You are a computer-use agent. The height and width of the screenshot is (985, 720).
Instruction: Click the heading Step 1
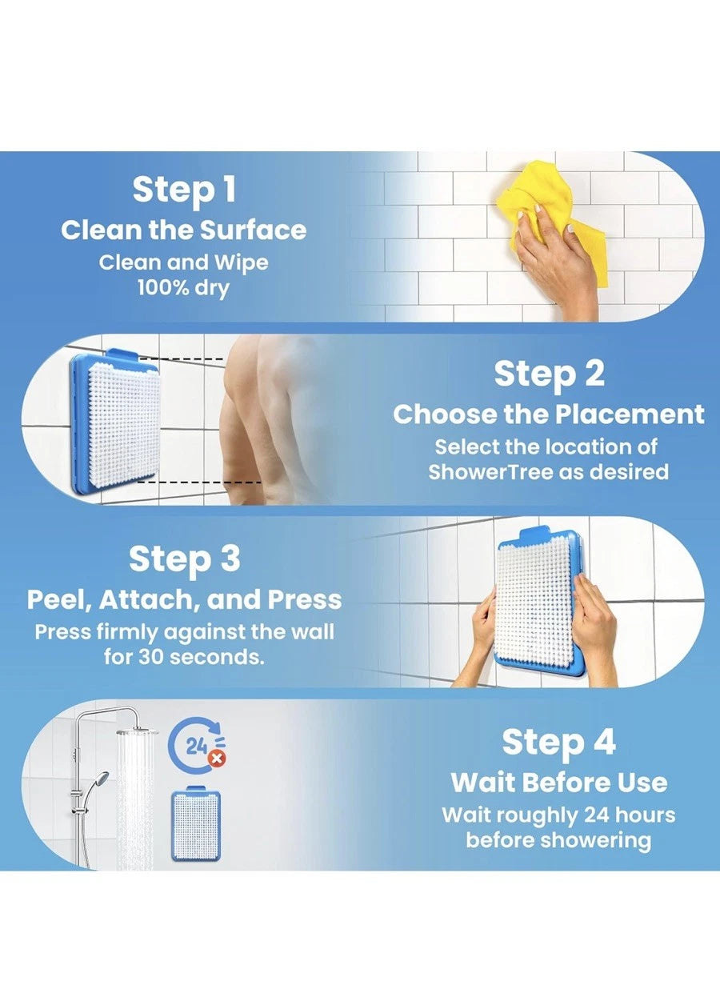pos(184,190)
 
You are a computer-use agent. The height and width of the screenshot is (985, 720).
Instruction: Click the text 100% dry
pos(183,287)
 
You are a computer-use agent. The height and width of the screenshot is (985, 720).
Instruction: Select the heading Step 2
pos(549,374)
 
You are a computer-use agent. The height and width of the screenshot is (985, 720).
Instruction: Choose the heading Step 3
pos(184,559)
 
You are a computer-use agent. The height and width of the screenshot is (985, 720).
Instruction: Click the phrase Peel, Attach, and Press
pos(184,599)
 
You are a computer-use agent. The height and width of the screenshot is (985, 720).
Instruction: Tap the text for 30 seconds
pos(184,658)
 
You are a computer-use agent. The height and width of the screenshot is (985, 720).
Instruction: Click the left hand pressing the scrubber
pos(483,632)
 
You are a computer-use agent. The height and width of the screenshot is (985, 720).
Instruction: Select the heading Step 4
pos(558,742)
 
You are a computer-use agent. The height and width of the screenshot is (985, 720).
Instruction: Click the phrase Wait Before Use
pos(558,782)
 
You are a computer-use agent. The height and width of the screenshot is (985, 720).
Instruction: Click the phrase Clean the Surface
pos(184,230)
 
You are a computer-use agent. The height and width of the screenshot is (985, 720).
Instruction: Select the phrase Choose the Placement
pos(549,414)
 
